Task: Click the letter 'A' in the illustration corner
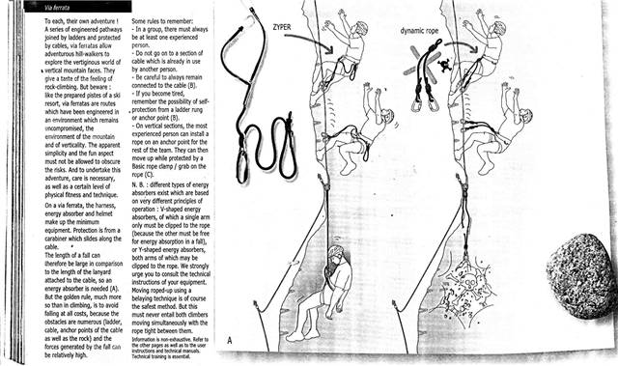pos(228,339)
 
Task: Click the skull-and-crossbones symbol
pos(444,66)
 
